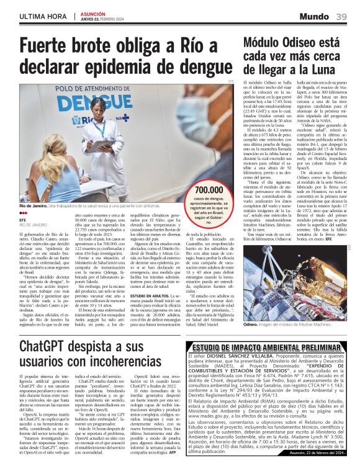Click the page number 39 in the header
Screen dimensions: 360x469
pos(342,16)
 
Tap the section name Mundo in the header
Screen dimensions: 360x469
pos(316,16)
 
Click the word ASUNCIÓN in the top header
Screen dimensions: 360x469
pos(94,12)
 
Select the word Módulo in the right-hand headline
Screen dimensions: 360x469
pos(264,43)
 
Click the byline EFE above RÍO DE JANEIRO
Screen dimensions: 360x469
pos(23,219)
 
